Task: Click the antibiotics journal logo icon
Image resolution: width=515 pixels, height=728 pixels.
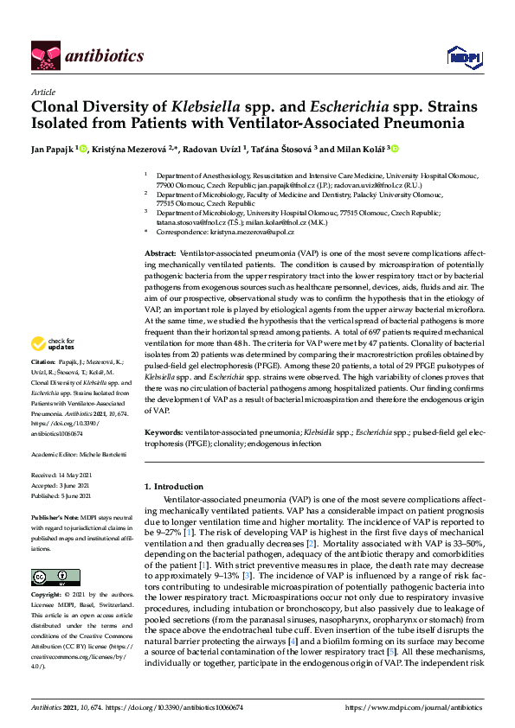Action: coord(44,55)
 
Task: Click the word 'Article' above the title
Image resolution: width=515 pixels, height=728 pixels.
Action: coord(42,92)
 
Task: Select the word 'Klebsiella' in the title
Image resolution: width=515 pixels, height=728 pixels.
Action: coord(208,109)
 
